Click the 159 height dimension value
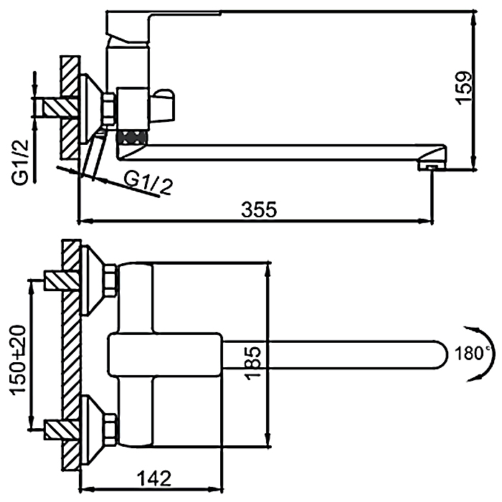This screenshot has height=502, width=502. coord(465,87)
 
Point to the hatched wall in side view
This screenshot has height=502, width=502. coord(70,108)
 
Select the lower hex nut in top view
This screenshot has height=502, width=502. coord(110,428)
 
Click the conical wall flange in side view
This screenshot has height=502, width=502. coord(91,108)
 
